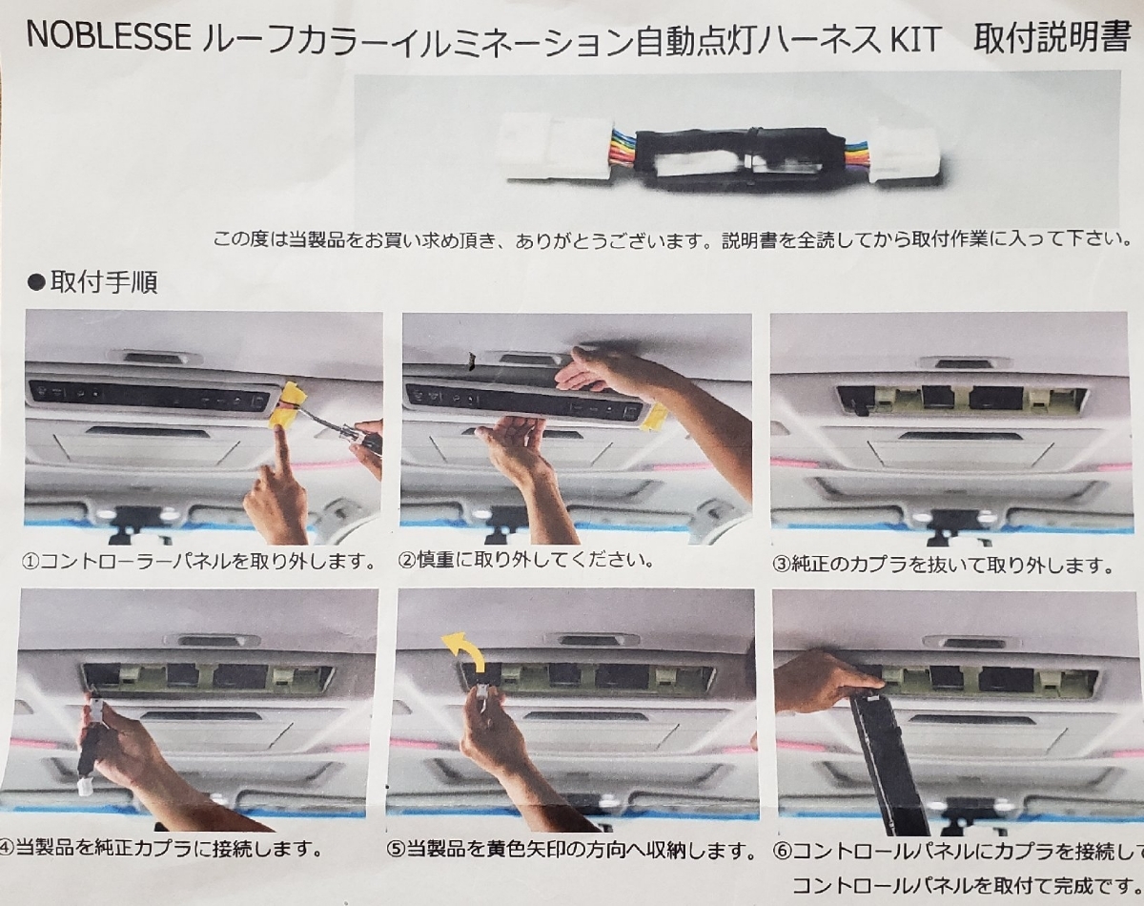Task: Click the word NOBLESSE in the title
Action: point(108,38)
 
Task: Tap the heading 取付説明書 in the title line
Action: point(1052,37)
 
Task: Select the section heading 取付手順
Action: point(104,281)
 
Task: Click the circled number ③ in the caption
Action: point(781,565)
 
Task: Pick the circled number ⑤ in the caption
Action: point(396,851)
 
